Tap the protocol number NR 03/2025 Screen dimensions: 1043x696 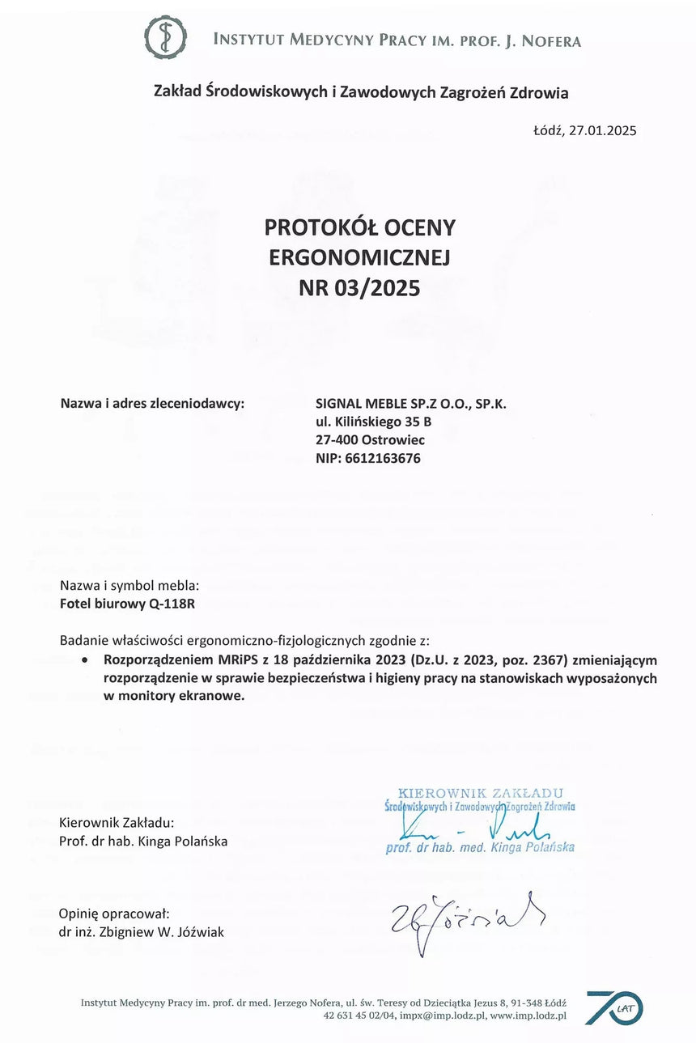coord(359,287)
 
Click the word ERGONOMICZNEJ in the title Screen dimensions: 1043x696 coord(359,257)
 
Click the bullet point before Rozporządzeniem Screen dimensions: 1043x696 coord(85,660)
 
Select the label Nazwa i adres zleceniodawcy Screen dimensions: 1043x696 coord(152,404)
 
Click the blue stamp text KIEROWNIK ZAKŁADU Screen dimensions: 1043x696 coord(481,793)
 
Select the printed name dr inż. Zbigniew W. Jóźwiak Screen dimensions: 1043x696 coord(142,931)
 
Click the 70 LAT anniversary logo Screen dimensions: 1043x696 coord(613,1007)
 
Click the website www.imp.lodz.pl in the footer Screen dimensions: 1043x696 coord(528,1015)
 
